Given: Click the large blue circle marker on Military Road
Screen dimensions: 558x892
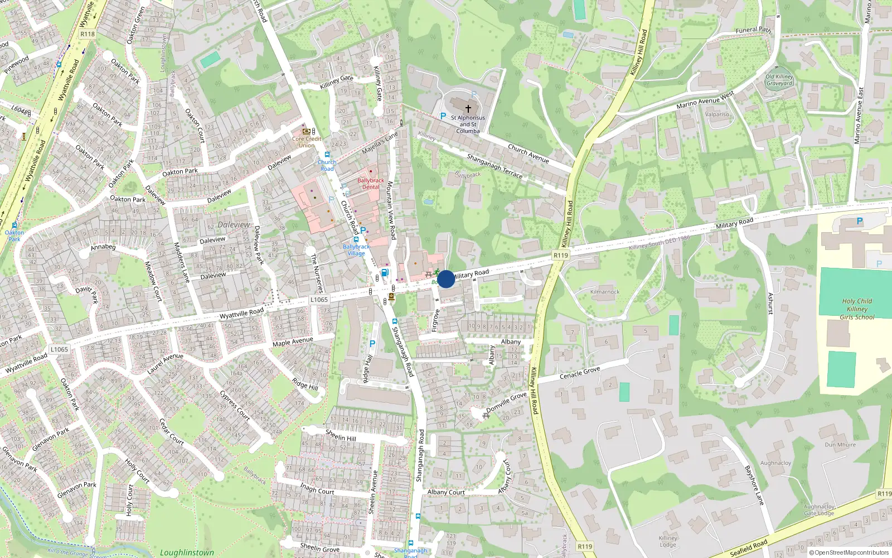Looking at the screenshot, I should point(446,279).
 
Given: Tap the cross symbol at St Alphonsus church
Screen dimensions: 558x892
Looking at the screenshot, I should point(468,108).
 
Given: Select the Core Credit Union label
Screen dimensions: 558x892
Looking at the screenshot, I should point(307,142).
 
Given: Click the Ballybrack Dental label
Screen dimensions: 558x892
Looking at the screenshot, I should point(371,184).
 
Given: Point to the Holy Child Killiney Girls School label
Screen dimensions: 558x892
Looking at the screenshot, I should point(857,309).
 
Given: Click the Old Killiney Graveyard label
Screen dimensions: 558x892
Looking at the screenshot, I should point(779,80).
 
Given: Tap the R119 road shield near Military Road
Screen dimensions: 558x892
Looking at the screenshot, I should point(561,255).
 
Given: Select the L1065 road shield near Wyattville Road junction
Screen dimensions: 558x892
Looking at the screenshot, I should point(319,300).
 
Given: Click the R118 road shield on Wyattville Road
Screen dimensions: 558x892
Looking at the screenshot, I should point(88,34).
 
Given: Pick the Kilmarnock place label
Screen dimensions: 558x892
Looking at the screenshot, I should point(605,292).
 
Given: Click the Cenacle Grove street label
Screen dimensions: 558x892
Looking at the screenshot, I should point(580,373).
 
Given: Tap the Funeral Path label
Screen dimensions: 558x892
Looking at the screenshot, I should point(753,30).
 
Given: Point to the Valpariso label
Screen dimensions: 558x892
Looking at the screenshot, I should point(717,114).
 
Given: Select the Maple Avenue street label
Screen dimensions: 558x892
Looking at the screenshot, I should point(293,341).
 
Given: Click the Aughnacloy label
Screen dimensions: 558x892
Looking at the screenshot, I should point(775,463).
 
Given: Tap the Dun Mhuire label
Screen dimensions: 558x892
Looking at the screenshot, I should point(840,445).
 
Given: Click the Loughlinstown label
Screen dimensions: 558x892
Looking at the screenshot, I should point(187,552).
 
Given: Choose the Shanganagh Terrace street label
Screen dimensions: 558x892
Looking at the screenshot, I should point(495,166).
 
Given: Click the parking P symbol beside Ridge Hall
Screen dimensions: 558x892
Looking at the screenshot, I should point(372,344).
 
